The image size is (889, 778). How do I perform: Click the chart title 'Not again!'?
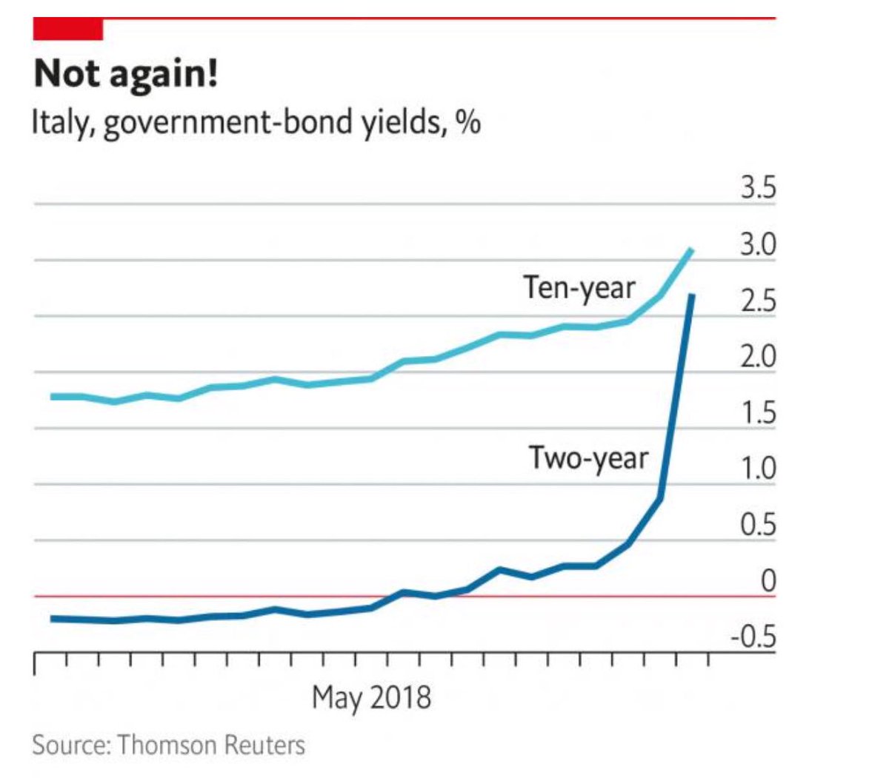click(126, 74)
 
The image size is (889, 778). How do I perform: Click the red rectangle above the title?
click(68, 30)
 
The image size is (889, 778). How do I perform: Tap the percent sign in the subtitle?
click(468, 122)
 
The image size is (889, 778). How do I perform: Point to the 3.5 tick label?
click(758, 188)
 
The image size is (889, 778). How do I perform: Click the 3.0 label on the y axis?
click(758, 245)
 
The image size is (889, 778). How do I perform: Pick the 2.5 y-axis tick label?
click(758, 302)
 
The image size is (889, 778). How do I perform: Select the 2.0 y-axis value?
click(758, 357)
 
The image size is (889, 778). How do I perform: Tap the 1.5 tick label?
click(758, 413)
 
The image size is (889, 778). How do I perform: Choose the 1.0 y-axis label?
click(758, 469)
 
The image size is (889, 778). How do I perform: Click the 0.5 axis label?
click(758, 525)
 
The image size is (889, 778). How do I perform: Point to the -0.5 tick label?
click(753, 637)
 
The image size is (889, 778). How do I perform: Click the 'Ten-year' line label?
click(579, 288)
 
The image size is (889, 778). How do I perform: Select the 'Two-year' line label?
click(587, 458)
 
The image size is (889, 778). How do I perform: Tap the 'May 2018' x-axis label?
click(371, 697)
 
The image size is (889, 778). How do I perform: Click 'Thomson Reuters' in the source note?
click(211, 744)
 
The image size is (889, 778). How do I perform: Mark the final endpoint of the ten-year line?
click(691, 250)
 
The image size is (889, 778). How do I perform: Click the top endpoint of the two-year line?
click(691, 295)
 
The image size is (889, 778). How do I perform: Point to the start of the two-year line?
click(52, 618)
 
